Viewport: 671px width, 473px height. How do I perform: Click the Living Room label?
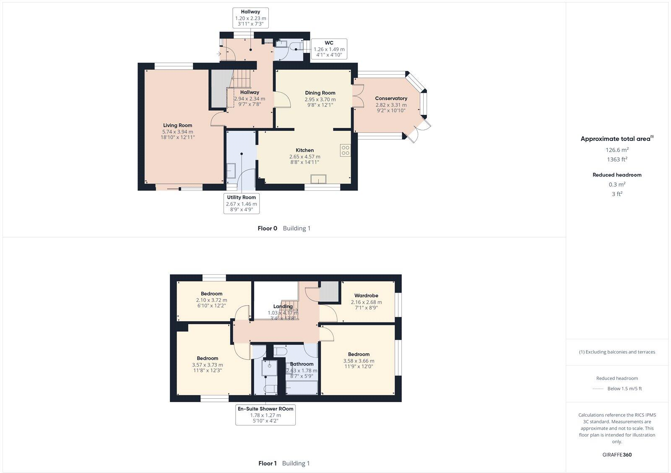tap(177, 125)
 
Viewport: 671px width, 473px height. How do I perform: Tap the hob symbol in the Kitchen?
tap(345, 150)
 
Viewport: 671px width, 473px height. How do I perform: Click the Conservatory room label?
tap(391, 99)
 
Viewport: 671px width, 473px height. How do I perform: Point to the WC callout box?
tap(329, 49)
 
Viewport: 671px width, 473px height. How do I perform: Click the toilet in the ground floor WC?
tap(297, 45)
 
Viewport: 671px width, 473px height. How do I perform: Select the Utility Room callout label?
tap(241, 203)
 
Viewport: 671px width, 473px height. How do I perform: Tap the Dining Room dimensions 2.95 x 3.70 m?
tap(320, 99)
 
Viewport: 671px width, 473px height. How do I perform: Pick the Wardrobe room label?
tap(366, 296)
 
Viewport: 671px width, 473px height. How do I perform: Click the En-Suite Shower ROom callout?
tap(265, 415)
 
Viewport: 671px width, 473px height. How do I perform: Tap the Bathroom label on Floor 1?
tap(302, 364)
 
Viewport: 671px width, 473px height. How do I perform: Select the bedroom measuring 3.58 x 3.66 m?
tap(359, 360)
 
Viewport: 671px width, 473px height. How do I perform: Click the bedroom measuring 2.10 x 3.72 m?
tap(211, 300)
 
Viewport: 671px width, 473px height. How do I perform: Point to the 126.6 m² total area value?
tap(616, 150)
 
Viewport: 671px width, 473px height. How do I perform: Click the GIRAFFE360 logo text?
tap(616, 455)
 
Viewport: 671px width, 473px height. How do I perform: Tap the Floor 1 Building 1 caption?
tap(284, 463)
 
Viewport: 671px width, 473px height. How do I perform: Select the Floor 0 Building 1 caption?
tap(284, 229)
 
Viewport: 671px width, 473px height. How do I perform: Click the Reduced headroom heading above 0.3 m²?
tap(616, 175)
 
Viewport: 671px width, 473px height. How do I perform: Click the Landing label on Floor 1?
tap(283, 307)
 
